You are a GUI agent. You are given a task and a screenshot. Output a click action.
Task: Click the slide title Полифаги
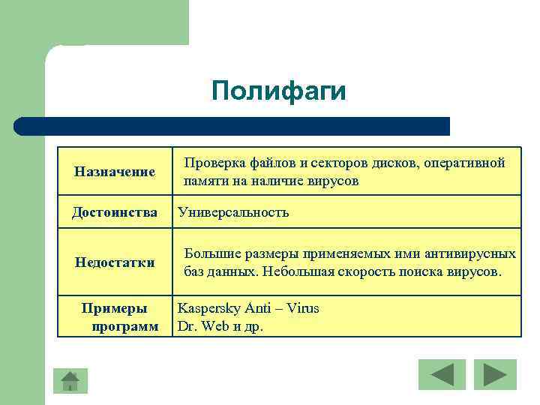click(x=279, y=91)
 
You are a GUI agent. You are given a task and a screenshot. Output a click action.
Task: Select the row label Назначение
click(x=115, y=172)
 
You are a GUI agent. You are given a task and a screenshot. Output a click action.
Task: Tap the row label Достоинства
click(x=115, y=213)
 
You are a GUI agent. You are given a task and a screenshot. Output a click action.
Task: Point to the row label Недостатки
click(x=115, y=262)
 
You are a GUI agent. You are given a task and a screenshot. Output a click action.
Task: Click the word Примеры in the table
click(x=115, y=308)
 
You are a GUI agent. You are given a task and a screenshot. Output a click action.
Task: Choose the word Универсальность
click(x=232, y=213)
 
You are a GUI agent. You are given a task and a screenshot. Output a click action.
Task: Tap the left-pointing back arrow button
click(x=442, y=374)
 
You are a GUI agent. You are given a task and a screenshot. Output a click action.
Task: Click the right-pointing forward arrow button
click(x=494, y=374)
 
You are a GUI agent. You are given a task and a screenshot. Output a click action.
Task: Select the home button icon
click(x=70, y=380)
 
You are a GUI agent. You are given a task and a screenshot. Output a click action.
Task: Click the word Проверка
click(x=214, y=163)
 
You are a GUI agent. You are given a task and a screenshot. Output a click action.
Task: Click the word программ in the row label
click(x=124, y=326)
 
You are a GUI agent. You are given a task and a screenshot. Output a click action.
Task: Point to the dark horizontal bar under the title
click(x=232, y=126)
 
